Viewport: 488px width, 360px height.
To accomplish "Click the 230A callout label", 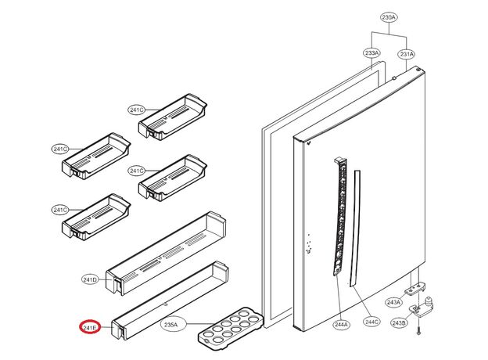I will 389,17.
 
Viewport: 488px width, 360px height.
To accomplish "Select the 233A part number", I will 371,53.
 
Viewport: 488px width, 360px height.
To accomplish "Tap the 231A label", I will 407,53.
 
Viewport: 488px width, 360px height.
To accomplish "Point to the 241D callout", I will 90,279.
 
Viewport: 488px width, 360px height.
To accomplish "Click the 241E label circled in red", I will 90,328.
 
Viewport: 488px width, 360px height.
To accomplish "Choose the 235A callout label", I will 170,324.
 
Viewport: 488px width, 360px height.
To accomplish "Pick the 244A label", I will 341,322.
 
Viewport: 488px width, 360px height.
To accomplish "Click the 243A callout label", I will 394,302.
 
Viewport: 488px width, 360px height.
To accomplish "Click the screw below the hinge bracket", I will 419,332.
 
